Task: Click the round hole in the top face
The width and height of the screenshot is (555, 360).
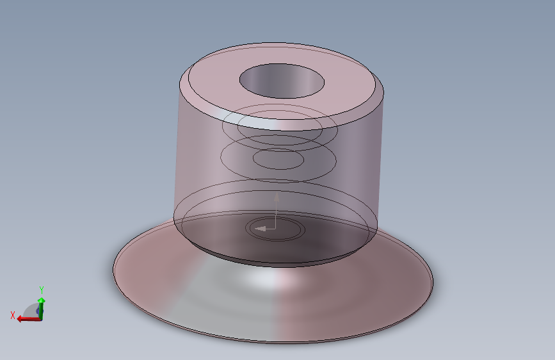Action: [x=282, y=81]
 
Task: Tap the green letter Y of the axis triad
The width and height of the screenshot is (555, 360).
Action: [x=42, y=290]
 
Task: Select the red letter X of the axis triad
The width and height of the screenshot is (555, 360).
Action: [x=13, y=315]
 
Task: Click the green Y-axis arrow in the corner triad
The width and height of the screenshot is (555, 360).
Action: [x=42, y=307]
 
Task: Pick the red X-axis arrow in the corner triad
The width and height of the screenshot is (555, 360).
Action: [x=29, y=319]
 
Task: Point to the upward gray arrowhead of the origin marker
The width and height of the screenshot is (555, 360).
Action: [x=277, y=197]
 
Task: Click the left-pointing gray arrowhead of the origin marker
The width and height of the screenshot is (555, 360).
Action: [x=260, y=229]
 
